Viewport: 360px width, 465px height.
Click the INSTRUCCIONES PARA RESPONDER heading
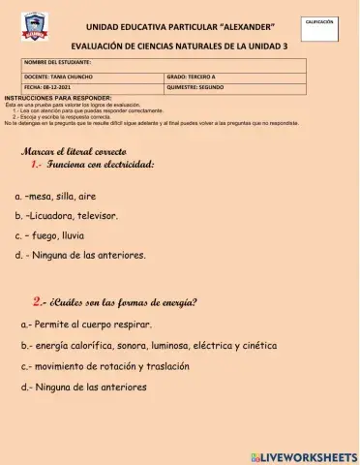[x=58, y=99]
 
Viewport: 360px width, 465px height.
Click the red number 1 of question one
[x=35, y=167]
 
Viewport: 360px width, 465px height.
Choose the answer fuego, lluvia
[x=54, y=235]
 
